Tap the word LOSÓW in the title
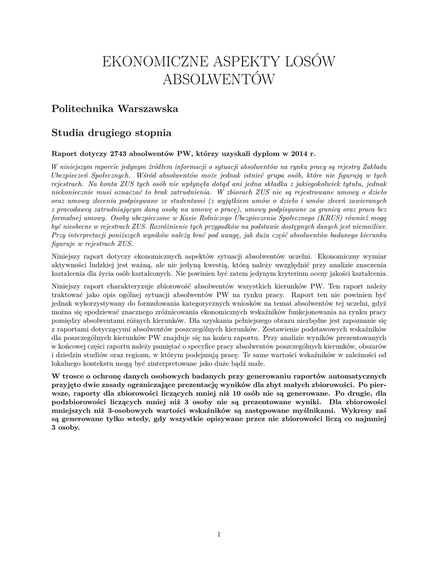tap(311, 62)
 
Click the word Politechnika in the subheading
tap(82, 109)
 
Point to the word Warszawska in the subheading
tap(148, 109)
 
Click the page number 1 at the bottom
tap(219, 534)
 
